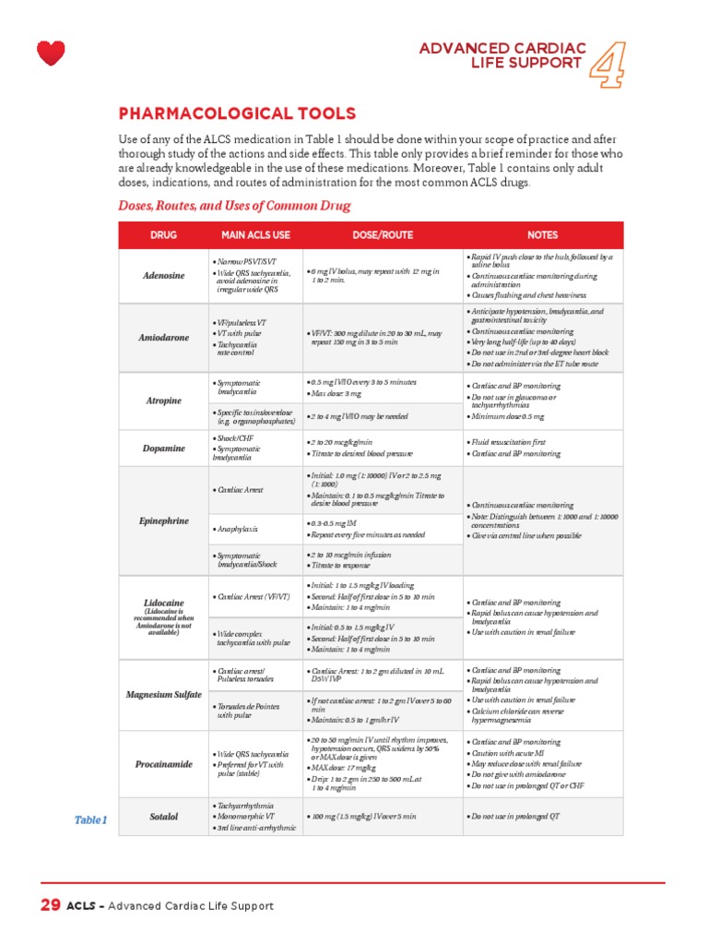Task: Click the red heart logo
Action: pos(52,53)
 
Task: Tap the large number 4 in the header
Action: pos(604,62)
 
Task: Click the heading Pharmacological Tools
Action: pos(237,114)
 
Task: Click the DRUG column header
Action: pos(163,235)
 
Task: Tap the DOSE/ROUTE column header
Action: pos(382,235)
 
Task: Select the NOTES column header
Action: pos(543,235)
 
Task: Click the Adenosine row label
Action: pos(163,275)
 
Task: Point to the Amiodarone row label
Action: pos(163,338)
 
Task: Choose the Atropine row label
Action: pos(163,401)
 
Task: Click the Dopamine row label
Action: pos(163,449)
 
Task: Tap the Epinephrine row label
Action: pos(163,520)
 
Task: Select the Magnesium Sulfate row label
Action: pos(163,693)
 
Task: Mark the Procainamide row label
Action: pos(163,765)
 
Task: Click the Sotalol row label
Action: pos(163,817)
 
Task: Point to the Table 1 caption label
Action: pos(90,819)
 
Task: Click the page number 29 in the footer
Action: pos(50,905)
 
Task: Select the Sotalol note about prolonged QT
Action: pos(513,817)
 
